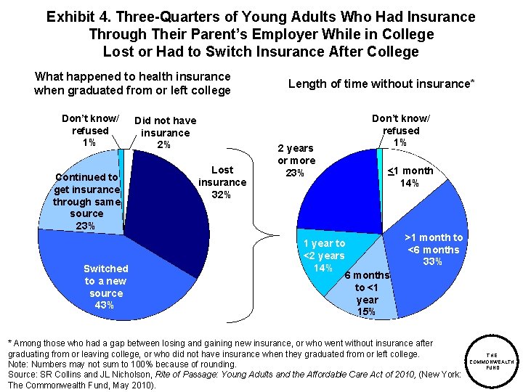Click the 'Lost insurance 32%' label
[x=222, y=182]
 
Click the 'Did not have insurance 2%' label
[x=165, y=133]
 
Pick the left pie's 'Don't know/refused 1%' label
[x=90, y=130]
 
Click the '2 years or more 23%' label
[x=296, y=160]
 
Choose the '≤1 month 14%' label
[x=410, y=177]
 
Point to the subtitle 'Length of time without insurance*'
[x=381, y=83]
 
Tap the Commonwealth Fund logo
[x=492, y=362]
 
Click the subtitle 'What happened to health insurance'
[x=133, y=76]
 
